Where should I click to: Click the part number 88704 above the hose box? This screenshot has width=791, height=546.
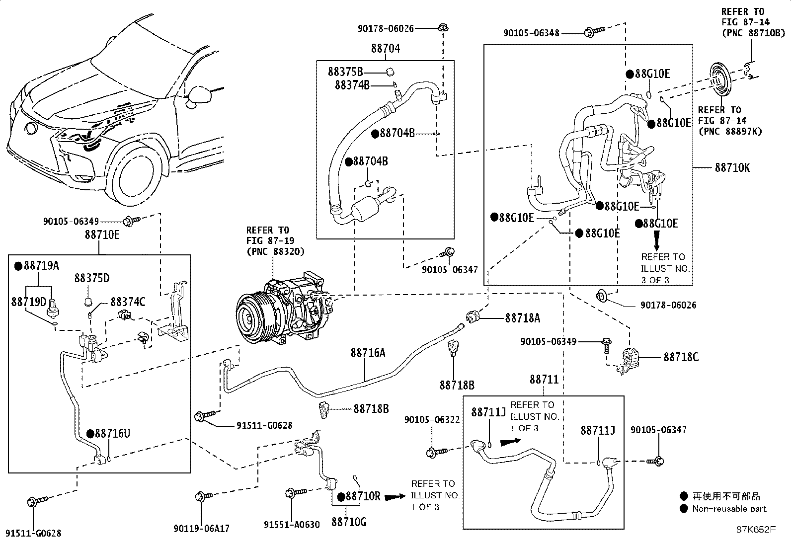(x=386, y=49)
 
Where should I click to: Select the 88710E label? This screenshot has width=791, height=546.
(x=102, y=234)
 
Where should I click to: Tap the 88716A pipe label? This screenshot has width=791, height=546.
(x=368, y=353)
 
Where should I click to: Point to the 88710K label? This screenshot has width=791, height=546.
(x=732, y=168)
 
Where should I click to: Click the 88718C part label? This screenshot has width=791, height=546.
(x=681, y=357)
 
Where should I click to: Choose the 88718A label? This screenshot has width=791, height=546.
(x=522, y=318)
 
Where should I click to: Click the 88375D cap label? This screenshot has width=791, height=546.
(x=92, y=278)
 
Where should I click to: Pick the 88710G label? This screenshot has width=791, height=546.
(x=349, y=522)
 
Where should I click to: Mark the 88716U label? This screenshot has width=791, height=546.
(x=113, y=434)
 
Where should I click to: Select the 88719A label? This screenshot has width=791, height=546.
(x=41, y=266)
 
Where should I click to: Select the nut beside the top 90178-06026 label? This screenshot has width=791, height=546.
(x=442, y=28)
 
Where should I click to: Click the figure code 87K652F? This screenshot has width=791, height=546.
(x=755, y=529)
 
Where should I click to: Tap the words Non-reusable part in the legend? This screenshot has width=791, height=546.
(x=730, y=509)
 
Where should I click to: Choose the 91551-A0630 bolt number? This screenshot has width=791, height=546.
(x=292, y=525)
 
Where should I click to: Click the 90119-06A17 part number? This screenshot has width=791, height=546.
(x=201, y=529)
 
